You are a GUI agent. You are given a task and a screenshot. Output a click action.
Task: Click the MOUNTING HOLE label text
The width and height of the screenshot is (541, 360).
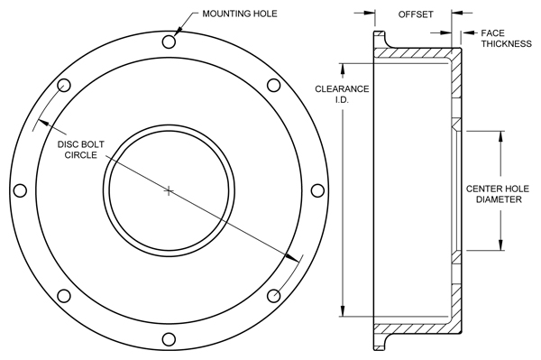click(x=240, y=14)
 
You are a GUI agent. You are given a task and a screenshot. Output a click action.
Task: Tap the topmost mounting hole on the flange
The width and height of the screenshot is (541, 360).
click(x=169, y=42)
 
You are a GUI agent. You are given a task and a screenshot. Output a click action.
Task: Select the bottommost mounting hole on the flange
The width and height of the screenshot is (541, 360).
click(x=169, y=339)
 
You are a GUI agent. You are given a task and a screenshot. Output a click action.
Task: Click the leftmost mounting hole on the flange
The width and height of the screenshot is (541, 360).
click(x=20, y=190)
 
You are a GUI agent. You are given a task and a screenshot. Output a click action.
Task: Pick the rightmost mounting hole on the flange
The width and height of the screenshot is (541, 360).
click(x=317, y=190)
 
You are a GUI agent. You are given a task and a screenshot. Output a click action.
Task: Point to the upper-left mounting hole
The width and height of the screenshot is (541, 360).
click(x=64, y=85)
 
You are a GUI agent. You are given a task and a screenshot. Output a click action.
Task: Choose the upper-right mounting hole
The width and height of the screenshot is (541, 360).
click(x=273, y=85)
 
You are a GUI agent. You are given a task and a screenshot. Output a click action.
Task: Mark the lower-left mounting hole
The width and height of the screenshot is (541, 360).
click(x=64, y=296)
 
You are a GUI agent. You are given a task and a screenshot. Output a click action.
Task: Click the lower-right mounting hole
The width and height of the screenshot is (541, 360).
click(x=273, y=296)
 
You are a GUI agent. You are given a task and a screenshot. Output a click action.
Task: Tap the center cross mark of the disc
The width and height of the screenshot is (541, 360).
click(x=169, y=190)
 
